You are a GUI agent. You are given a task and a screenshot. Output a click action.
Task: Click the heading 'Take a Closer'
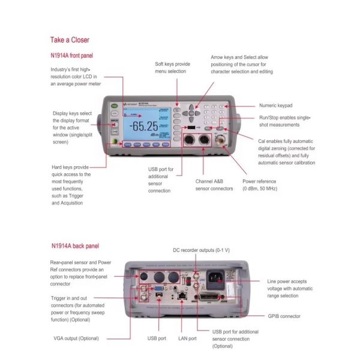70,40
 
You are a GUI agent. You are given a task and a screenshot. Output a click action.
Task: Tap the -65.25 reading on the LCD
145,126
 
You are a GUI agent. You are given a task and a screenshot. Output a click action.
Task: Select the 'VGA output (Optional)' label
75,339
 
